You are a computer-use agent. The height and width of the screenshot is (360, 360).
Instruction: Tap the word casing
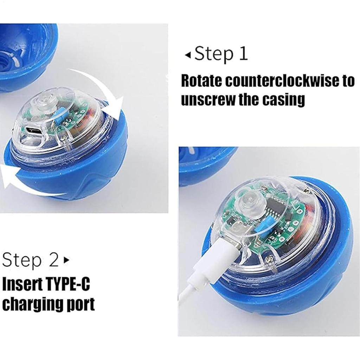click(x=283, y=100)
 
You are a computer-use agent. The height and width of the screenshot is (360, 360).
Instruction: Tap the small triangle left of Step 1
click(x=188, y=55)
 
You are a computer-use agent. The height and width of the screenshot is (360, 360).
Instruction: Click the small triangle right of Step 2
click(x=65, y=261)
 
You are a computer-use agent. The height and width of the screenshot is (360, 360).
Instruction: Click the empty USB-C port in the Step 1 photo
click(x=34, y=131)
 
